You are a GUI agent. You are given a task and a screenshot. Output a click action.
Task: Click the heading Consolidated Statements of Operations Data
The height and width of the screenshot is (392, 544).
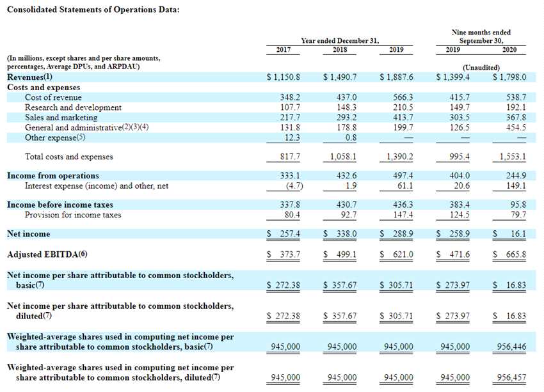pyautogui.click(x=93, y=11)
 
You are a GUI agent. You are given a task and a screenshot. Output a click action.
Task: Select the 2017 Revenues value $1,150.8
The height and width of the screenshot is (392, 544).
pyautogui.click(x=284, y=77)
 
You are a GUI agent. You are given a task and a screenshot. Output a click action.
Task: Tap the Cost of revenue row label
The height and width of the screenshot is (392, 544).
pyautogui.click(x=53, y=97)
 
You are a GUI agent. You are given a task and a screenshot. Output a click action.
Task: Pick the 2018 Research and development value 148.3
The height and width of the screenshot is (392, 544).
pyautogui.click(x=346, y=107)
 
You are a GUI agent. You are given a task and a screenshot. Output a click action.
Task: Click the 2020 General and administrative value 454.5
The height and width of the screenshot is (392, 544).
pyautogui.click(x=515, y=127)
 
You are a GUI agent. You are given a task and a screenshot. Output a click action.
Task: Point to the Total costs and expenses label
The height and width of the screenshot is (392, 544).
pyautogui.click(x=68, y=157)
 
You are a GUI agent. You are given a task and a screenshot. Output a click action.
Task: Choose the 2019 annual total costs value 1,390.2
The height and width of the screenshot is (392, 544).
pyautogui.click(x=399, y=157)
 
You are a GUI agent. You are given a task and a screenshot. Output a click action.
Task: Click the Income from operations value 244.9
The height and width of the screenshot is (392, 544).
pyautogui.click(x=515, y=176)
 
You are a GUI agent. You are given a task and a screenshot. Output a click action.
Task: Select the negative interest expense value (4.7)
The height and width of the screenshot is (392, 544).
pyautogui.click(x=292, y=186)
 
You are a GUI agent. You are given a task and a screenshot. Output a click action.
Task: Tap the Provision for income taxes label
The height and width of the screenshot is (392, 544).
pyautogui.click(x=73, y=215)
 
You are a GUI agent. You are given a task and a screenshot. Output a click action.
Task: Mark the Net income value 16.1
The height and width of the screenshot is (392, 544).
pyautogui.click(x=518, y=234)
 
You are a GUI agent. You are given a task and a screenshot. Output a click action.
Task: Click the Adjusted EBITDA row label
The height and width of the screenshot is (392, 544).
pyautogui.click(x=47, y=255)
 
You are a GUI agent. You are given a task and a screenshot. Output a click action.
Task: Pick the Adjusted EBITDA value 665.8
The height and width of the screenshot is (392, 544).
pyautogui.click(x=515, y=255)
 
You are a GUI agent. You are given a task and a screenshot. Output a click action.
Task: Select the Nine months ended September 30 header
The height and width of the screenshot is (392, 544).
pyautogui.click(x=481, y=36)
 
